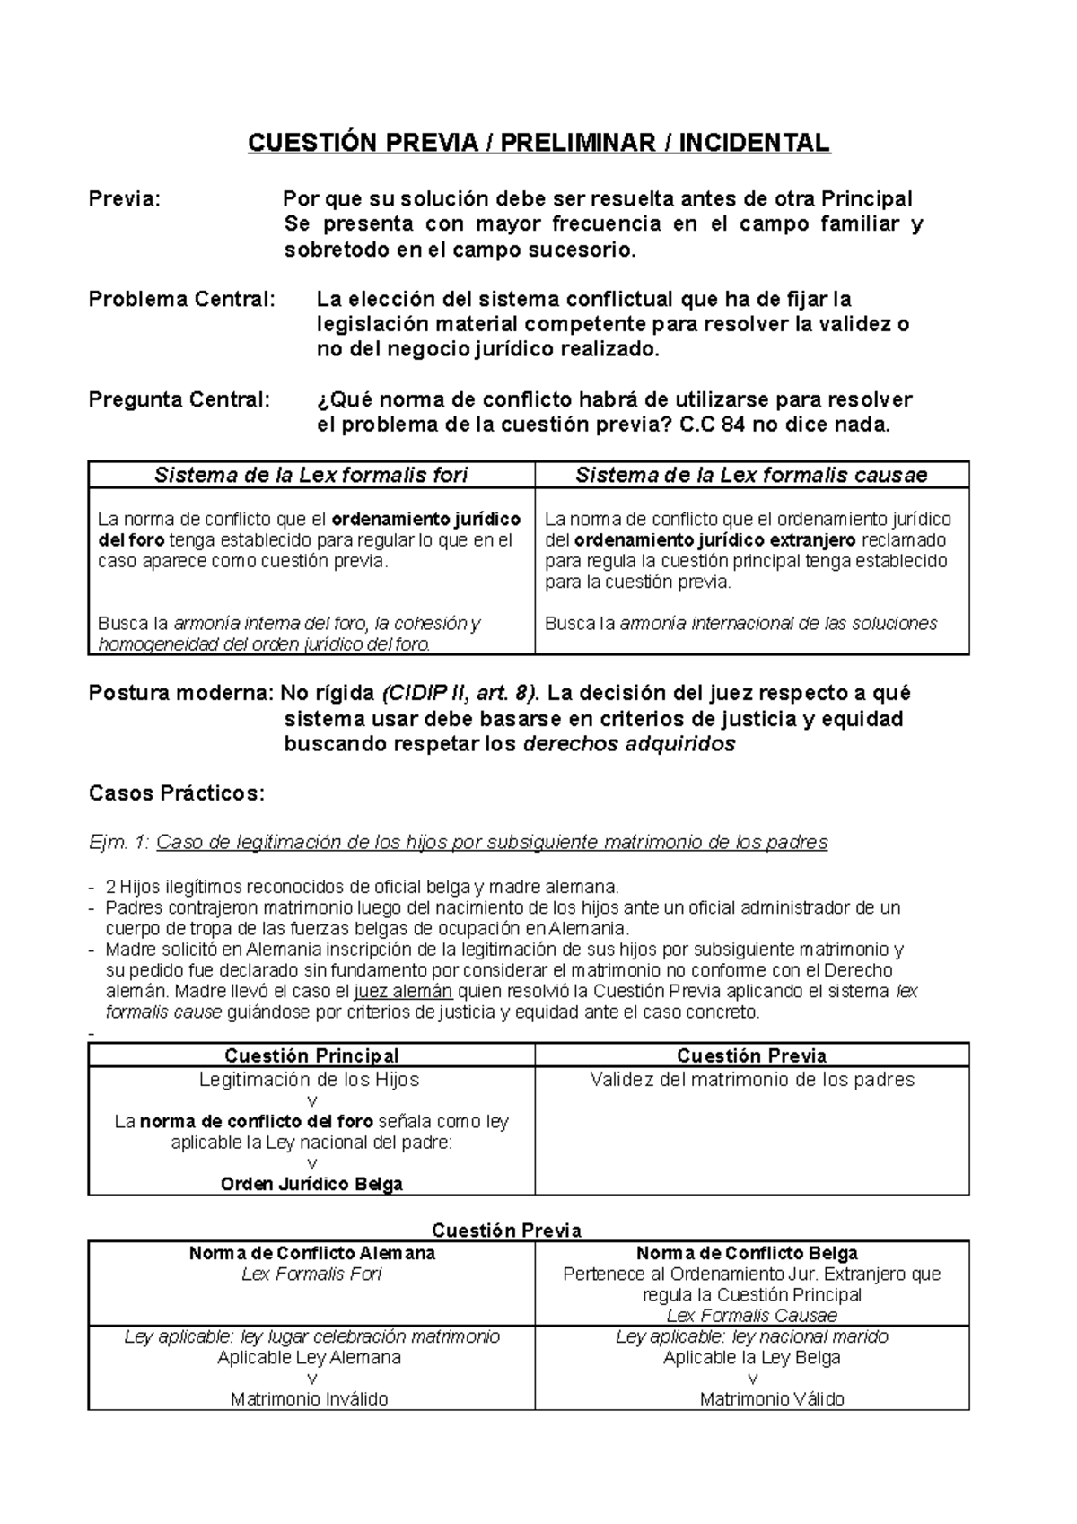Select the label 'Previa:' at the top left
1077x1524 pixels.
(x=124, y=199)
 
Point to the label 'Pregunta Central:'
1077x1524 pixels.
(x=179, y=399)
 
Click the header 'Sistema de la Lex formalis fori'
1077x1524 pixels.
(x=311, y=475)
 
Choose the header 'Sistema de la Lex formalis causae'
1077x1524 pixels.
(x=751, y=475)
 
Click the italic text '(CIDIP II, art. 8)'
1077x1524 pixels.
(x=460, y=693)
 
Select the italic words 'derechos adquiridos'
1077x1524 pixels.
(x=628, y=744)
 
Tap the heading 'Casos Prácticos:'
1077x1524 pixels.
(x=177, y=793)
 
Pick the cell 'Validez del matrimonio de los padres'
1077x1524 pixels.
(x=752, y=1080)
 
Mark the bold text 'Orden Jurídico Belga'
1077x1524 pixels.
(x=311, y=1184)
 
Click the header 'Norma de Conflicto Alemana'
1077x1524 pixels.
(x=311, y=1253)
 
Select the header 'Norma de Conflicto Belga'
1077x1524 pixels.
(x=747, y=1253)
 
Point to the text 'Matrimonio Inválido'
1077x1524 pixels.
(x=310, y=1398)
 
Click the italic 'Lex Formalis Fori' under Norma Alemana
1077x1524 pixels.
(x=311, y=1274)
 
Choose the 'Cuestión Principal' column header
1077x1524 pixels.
(x=311, y=1055)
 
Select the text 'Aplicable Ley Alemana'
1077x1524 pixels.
(x=309, y=1357)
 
